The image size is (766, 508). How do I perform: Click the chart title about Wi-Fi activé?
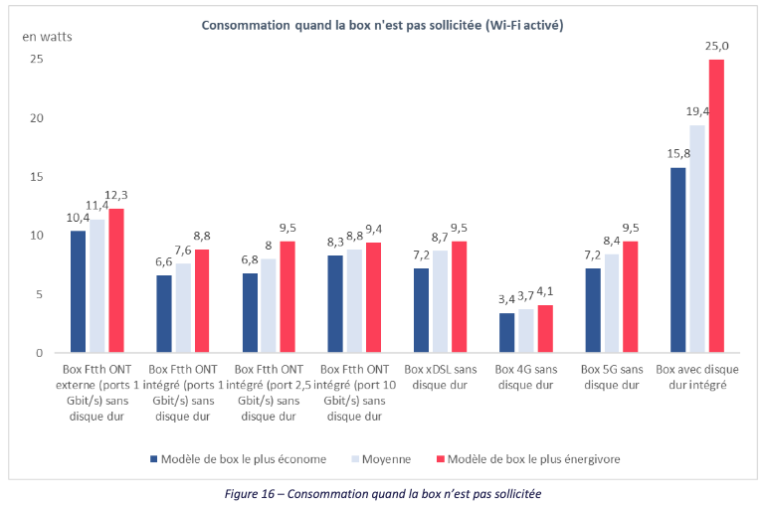click(x=382, y=26)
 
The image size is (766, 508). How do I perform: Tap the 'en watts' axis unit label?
click(x=48, y=37)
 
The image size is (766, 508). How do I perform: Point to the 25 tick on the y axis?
click(x=38, y=60)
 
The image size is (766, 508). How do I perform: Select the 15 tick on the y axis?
click(x=38, y=177)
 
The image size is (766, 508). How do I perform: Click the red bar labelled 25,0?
click(x=716, y=206)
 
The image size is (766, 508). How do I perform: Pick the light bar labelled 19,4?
click(x=697, y=239)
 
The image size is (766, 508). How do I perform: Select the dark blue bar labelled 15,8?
click(x=678, y=259)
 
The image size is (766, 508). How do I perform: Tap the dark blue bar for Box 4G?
click(x=507, y=333)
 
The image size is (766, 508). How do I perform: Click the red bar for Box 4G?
click(x=545, y=329)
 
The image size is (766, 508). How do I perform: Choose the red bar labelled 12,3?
click(x=116, y=280)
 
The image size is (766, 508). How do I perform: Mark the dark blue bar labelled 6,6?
click(x=164, y=314)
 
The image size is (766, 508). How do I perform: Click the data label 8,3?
click(x=335, y=244)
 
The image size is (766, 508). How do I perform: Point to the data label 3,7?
click(x=526, y=296)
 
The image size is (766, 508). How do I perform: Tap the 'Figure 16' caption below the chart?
click(x=382, y=493)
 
